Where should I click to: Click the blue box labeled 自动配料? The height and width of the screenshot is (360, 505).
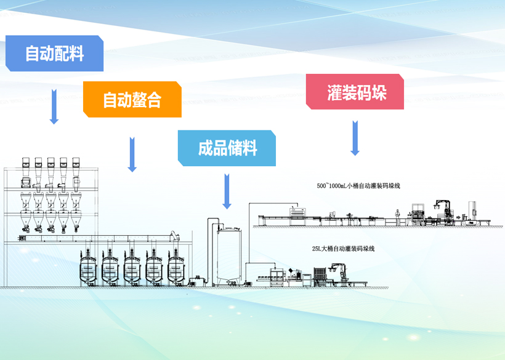coord(54,54)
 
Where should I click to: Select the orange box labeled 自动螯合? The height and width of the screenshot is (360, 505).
coord(132,100)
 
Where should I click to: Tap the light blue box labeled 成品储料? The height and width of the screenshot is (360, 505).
coord(227,148)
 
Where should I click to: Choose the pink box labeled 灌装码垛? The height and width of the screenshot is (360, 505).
coord(355,92)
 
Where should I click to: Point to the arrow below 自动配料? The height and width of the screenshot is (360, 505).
coord(54,106)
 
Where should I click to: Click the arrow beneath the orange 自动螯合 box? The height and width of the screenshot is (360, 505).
coord(132,154)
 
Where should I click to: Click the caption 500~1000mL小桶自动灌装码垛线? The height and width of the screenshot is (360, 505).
coord(358,185)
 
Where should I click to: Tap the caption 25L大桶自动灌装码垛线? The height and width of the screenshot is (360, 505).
coord(343,249)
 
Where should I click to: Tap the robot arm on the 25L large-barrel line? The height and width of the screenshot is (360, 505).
coord(337,271)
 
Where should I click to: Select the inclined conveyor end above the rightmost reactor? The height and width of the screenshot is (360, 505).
coord(175,236)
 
